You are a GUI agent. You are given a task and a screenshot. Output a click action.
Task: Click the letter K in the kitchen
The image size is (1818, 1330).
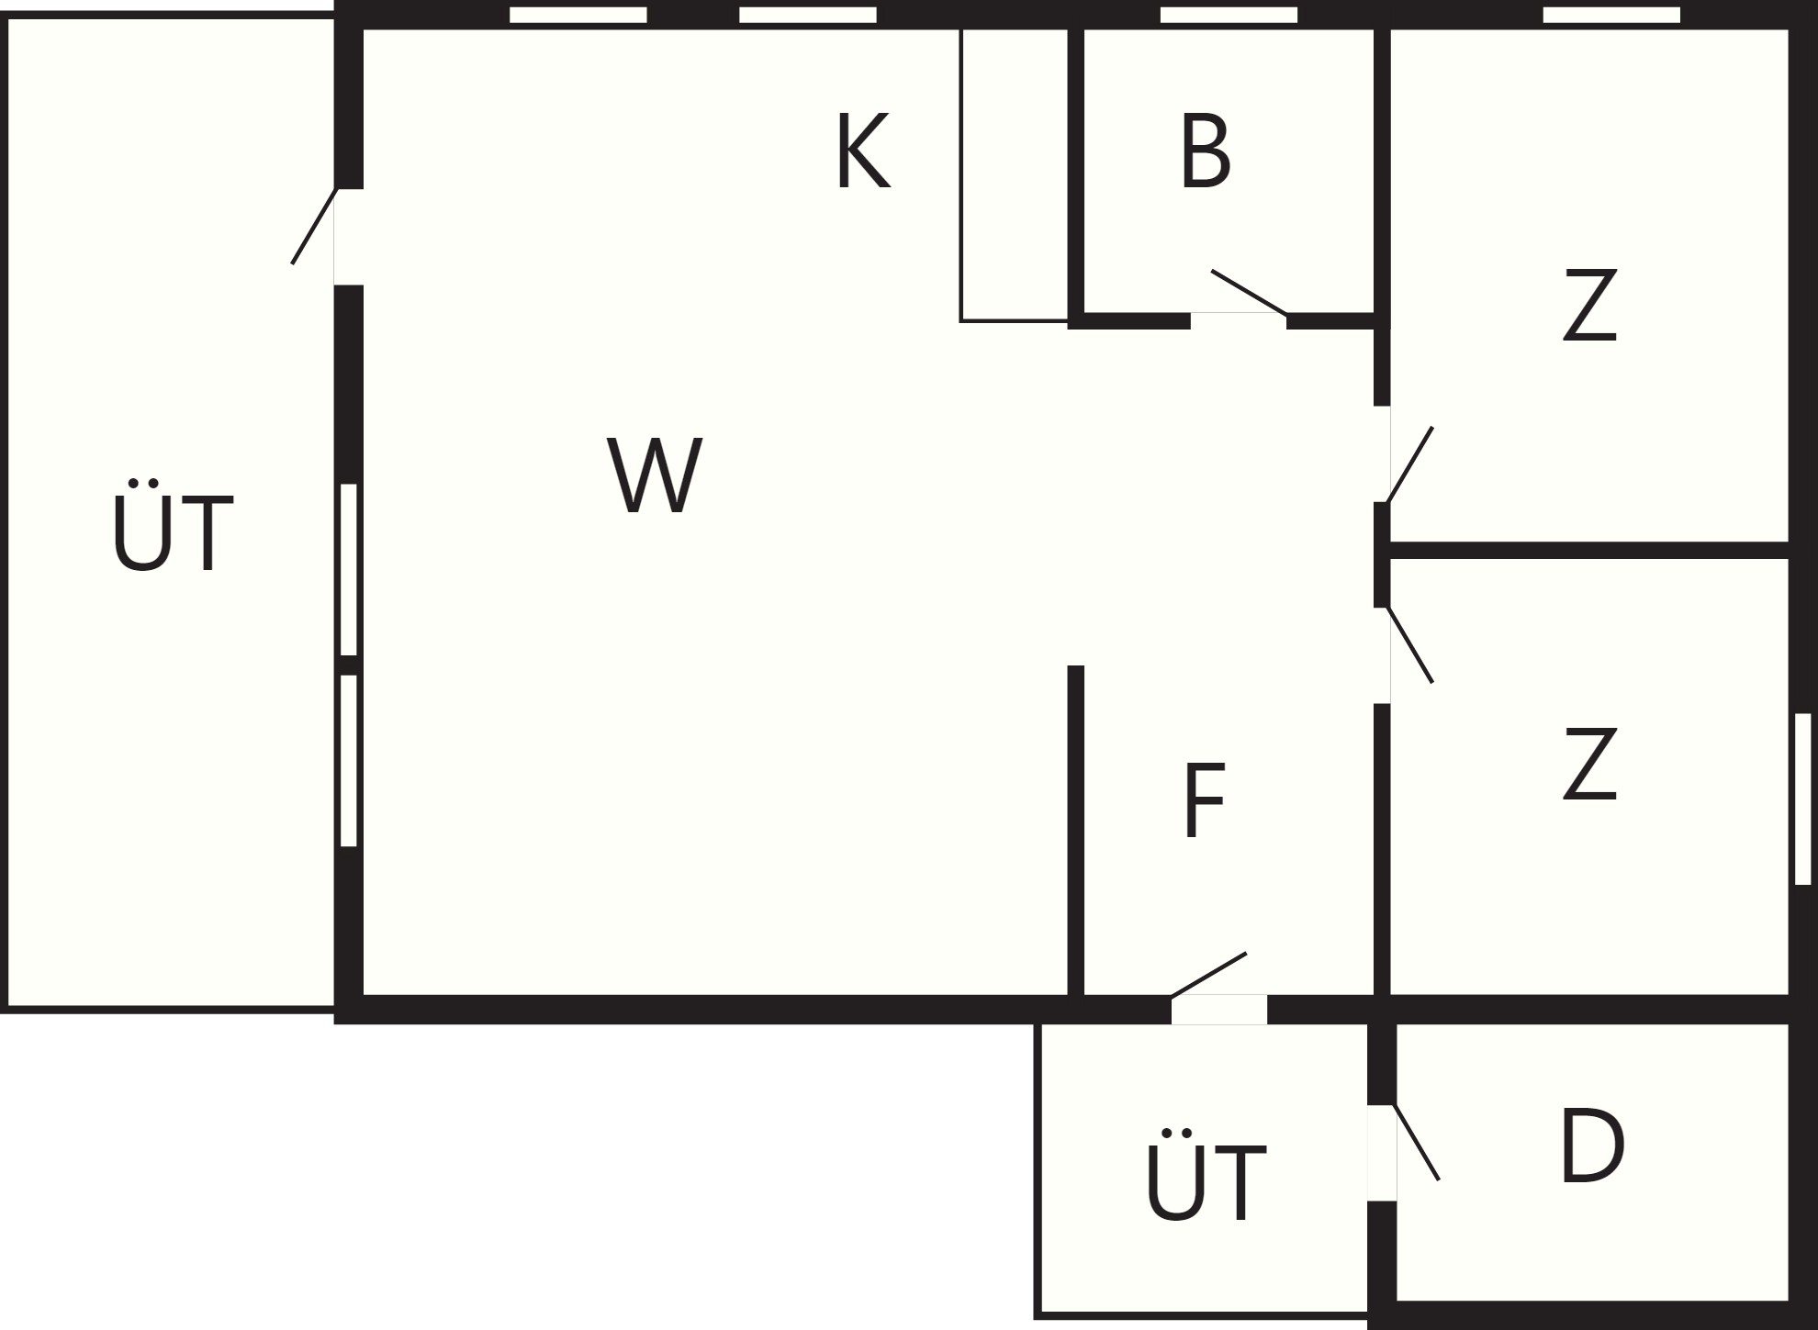point(862,151)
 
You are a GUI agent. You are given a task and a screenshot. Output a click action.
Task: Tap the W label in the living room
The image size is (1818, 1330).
point(655,475)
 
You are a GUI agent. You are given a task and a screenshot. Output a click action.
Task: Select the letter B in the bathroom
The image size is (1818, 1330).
point(1205,152)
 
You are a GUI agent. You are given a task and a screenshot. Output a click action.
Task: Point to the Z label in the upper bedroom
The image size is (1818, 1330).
point(1589,306)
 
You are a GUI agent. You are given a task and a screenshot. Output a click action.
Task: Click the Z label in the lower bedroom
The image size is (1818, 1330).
point(1589,764)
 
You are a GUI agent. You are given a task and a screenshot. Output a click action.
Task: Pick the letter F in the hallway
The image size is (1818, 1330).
point(1205,800)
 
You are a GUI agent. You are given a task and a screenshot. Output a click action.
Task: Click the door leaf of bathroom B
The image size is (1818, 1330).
point(1249,292)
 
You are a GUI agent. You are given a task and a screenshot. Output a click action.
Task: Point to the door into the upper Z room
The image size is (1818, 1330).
point(1409,464)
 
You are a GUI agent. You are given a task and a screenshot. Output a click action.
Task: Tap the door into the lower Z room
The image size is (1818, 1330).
point(1409,644)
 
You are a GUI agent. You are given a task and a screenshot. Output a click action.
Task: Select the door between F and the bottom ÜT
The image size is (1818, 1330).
point(1208,975)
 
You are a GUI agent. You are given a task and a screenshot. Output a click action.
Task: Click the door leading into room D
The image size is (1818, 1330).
point(1416,1142)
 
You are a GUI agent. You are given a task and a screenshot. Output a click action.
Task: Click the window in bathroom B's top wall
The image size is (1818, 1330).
point(1229,15)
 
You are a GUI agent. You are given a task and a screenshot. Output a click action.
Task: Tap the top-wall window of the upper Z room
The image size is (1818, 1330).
point(1611,15)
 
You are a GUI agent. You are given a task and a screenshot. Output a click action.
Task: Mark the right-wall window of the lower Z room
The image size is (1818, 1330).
point(1802,799)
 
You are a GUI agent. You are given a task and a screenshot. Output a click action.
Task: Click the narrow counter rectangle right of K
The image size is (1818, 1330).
point(1015,174)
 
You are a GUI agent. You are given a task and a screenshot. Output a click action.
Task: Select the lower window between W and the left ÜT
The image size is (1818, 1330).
point(349,761)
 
